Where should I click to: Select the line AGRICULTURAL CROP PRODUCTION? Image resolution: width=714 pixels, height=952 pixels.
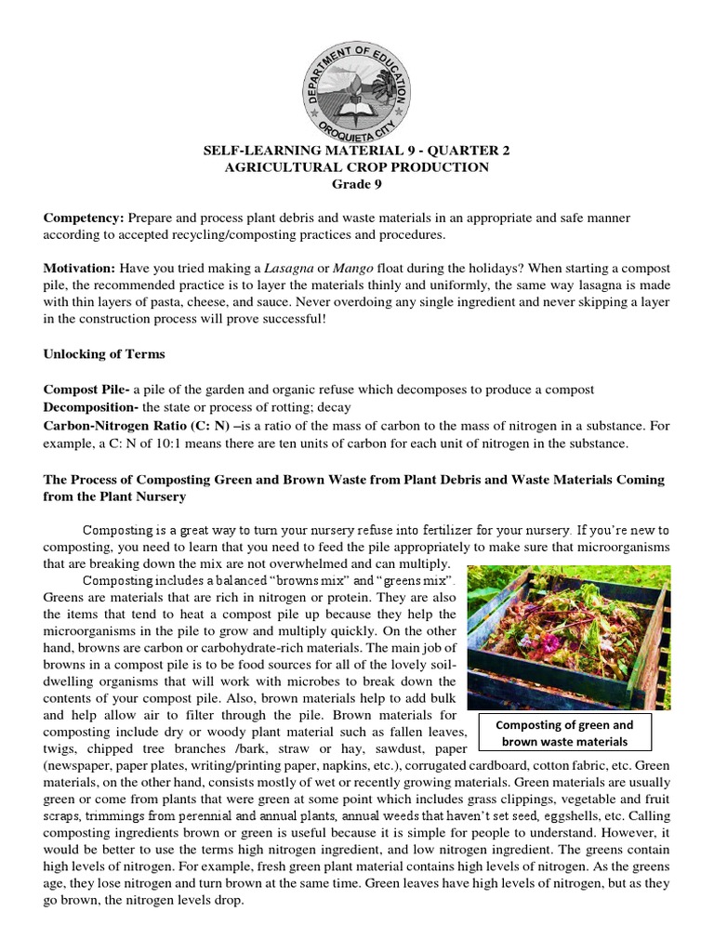[357, 167]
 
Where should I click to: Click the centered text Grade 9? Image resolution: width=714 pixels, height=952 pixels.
[357, 184]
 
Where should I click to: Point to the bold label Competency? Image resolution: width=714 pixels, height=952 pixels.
[84, 218]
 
